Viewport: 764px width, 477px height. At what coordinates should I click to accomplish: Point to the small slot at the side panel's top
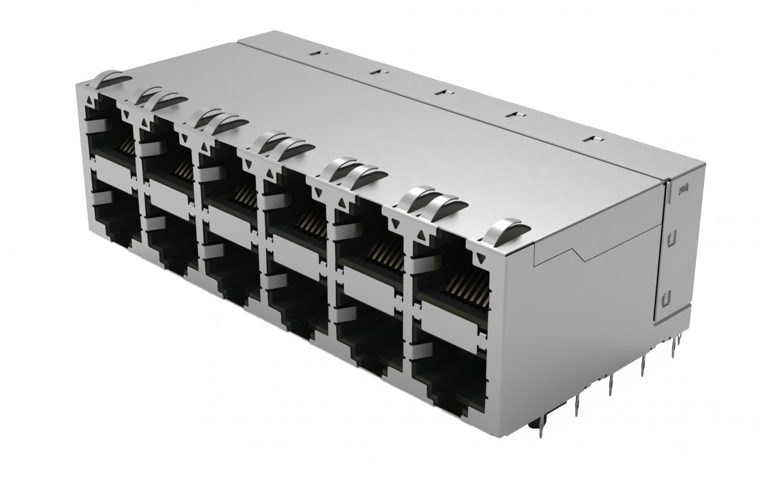click(684, 189)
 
